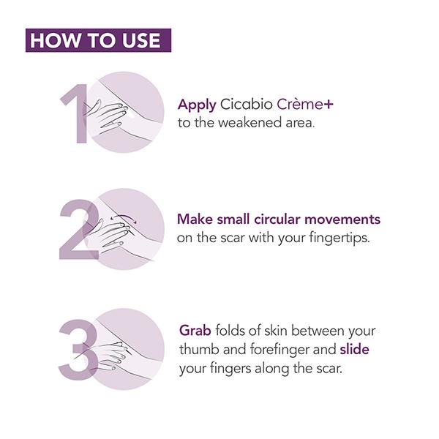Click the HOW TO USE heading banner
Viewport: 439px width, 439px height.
point(98,40)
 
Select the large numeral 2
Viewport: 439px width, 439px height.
point(79,229)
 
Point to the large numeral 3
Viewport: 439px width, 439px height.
point(78,350)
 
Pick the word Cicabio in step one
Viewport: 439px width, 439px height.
point(247,105)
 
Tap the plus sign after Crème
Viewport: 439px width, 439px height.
point(328,105)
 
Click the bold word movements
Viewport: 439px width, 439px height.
point(342,219)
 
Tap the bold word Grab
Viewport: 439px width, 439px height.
point(195,331)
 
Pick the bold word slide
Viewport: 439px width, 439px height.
point(354,349)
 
